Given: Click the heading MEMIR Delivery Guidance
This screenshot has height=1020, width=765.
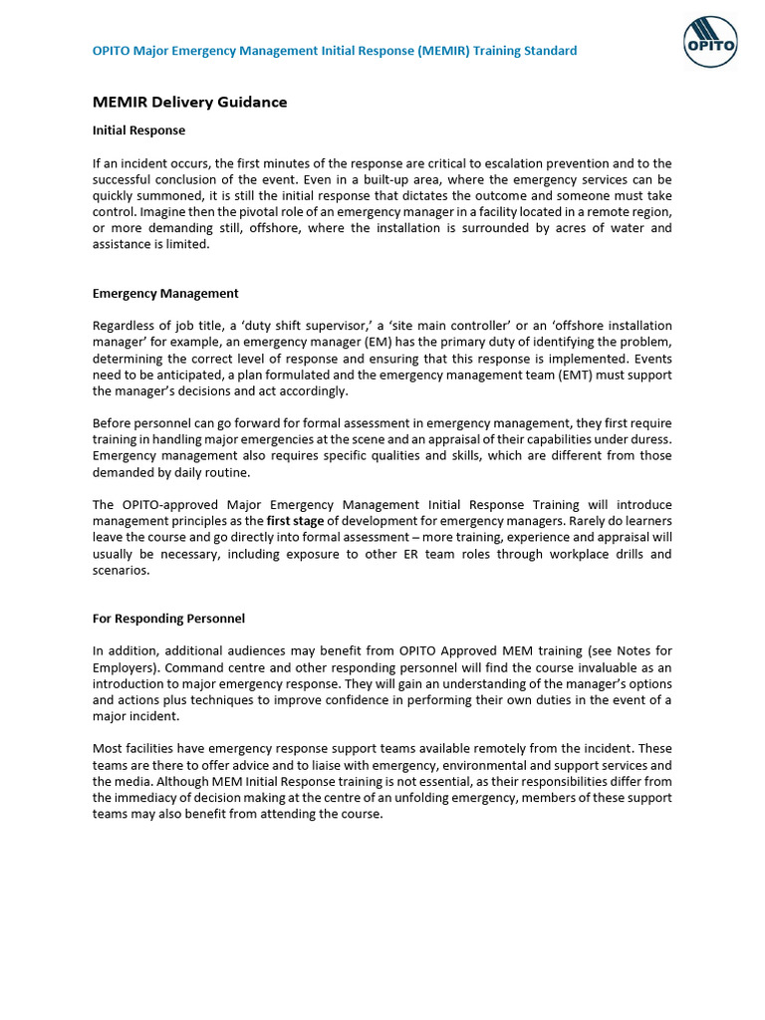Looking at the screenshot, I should pyautogui.click(x=189, y=102).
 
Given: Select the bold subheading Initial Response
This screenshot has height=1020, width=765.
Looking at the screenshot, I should pyautogui.click(x=138, y=130).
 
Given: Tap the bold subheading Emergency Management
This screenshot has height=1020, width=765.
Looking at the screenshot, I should pyautogui.click(x=165, y=294).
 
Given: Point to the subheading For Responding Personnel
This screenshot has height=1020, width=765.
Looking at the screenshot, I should pyautogui.click(x=168, y=619).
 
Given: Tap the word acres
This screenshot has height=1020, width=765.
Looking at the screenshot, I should pyautogui.click(x=571, y=228).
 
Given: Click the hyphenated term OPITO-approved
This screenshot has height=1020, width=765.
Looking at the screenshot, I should pyautogui.click(x=174, y=505).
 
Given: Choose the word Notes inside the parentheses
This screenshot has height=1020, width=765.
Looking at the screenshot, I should pyautogui.click(x=617, y=651).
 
